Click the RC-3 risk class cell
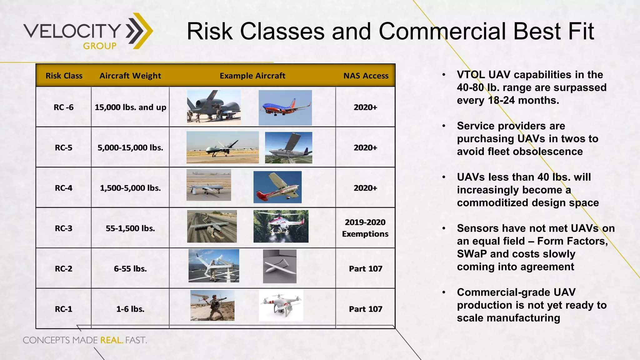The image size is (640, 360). click(63, 228)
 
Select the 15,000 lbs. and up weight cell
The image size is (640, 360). click(130, 107)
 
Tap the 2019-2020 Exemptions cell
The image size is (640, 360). click(365, 228)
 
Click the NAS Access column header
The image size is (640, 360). click(366, 76)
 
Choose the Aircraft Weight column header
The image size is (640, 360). click(130, 76)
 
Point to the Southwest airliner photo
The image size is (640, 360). click(285, 108)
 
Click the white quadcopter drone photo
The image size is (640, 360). click(281, 305)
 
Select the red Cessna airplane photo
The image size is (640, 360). click(277, 187)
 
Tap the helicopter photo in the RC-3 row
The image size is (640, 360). click(281, 226)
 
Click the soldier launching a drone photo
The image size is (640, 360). click(212, 305)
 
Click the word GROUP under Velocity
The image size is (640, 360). click(100, 46)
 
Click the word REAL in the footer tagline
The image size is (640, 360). click(111, 340)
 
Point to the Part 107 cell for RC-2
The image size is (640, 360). click(365, 269)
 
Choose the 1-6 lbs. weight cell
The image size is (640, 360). click(130, 309)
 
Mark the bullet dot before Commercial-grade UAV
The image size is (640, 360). click(444, 292)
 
